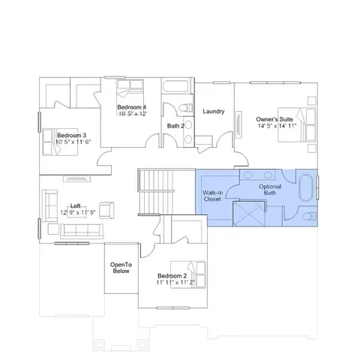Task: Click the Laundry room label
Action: point(214,111)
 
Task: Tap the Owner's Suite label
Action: point(274,119)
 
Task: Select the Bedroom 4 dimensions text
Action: point(133,114)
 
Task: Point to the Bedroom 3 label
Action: point(72,135)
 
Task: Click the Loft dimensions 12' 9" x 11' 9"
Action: point(78,212)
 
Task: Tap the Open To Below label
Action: point(121,268)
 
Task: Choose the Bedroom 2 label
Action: point(172,276)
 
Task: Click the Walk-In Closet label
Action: point(212,196)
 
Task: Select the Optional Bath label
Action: point(270,190)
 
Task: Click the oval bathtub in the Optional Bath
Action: point(306,187)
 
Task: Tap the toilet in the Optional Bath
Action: point(309,216)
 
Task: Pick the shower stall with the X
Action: point(249,214)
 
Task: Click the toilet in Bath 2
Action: point(186,108)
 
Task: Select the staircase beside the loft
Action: point(156,192)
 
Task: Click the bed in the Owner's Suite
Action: point(297,124)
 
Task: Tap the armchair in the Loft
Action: point(106,210)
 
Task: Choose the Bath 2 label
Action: point(175,126)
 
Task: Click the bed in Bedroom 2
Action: point(188,274)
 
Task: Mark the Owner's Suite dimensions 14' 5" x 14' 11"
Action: point(277,125)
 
